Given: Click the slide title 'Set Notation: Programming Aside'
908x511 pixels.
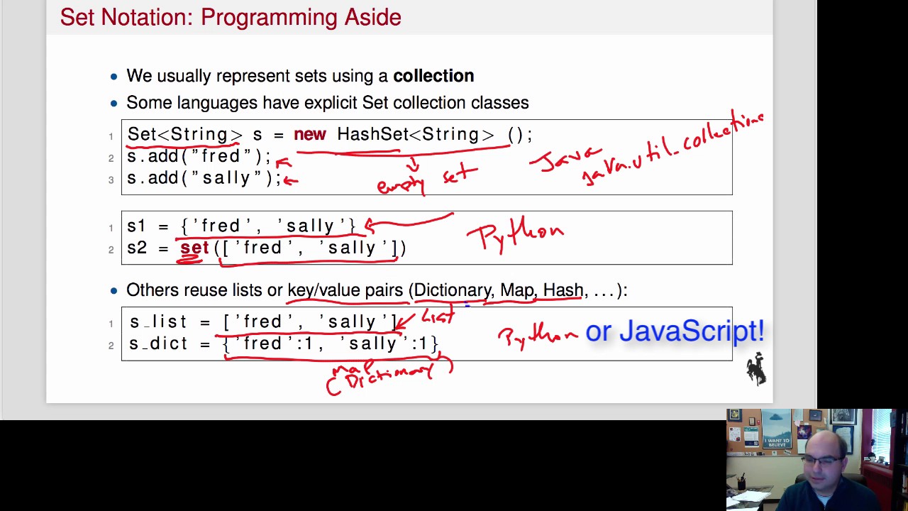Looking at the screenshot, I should pyautogui.click(x=231, y=17).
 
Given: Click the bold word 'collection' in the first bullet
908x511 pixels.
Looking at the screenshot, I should pyautogui.click(x=433, y=76).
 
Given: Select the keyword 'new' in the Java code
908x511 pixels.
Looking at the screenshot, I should pyautogui.click(x=309, y=135).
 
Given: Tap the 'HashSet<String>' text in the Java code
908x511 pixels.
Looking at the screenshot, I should pyautogui.click(x=415, y=135).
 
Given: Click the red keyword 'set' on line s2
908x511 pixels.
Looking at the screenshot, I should pyautogui.click(x=194, y=248).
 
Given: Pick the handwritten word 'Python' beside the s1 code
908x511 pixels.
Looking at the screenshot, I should pyautogui.click(x=516, y=233).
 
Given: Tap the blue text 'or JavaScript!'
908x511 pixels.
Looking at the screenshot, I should pyautogui.click(x=674, y=331).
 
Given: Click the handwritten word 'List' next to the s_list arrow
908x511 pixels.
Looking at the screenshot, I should pyautogui.click(x=438, y=316).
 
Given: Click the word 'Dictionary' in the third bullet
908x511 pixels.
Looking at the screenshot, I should pyautogui.click(x=452, y=290).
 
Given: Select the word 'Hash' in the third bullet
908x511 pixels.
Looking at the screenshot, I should pyautogui.click(x=563, y=290).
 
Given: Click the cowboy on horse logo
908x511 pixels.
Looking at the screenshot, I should pyautogui.click(x=756, y=369).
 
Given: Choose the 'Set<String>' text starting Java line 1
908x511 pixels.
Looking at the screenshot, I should pyautogui.click(x=184, y=135).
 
